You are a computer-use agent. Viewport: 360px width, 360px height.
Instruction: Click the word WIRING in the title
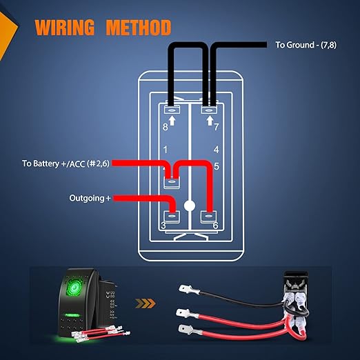(65, 28)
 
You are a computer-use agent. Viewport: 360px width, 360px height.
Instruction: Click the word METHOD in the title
(139, 28)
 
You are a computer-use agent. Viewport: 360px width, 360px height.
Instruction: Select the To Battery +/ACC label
(66, 163)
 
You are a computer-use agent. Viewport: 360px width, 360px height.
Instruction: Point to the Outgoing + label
(90, 198)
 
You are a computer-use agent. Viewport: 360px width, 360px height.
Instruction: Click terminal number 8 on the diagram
(166, 127)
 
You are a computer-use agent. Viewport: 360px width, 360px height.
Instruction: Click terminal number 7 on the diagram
(216, 127)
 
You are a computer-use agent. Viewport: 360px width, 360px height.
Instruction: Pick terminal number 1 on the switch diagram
(166, 150)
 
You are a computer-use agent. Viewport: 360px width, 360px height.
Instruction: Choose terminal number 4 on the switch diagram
(216, 150)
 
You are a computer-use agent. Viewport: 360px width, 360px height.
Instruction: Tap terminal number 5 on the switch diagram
(217, 166)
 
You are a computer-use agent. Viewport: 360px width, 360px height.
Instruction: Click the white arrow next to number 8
(172, 121)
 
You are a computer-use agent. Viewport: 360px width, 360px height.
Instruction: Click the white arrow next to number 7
(210, 121)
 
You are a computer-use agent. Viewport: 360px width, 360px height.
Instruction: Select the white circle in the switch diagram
(190, 206)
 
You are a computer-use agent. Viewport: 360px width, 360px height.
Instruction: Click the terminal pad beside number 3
(172, 217)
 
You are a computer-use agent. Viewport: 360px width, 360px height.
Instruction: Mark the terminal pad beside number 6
(208, 217)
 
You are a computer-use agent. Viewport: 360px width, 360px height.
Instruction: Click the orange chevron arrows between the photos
(146, 303)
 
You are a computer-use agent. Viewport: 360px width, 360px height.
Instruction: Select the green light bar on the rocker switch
(72, 315)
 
